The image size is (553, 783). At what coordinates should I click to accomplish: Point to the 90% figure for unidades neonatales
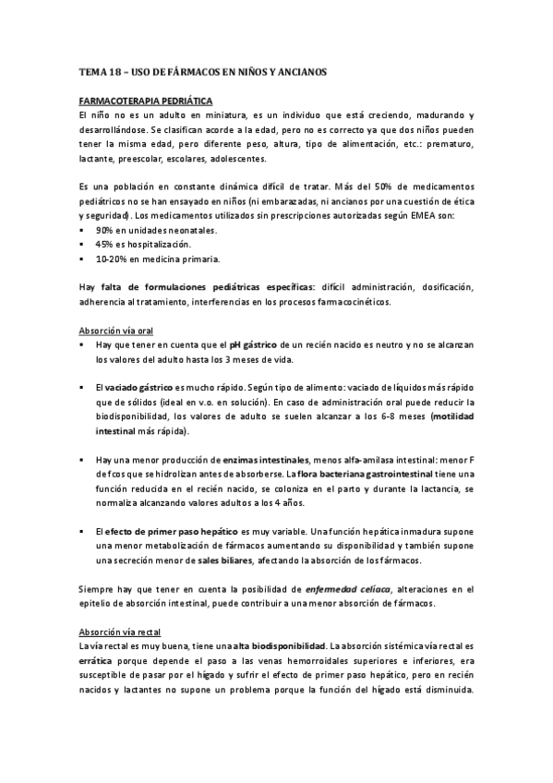pos(104,229)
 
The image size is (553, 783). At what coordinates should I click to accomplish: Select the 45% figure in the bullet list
pos(104,244)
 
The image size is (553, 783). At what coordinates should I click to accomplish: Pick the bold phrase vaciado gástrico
pos(141,389)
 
